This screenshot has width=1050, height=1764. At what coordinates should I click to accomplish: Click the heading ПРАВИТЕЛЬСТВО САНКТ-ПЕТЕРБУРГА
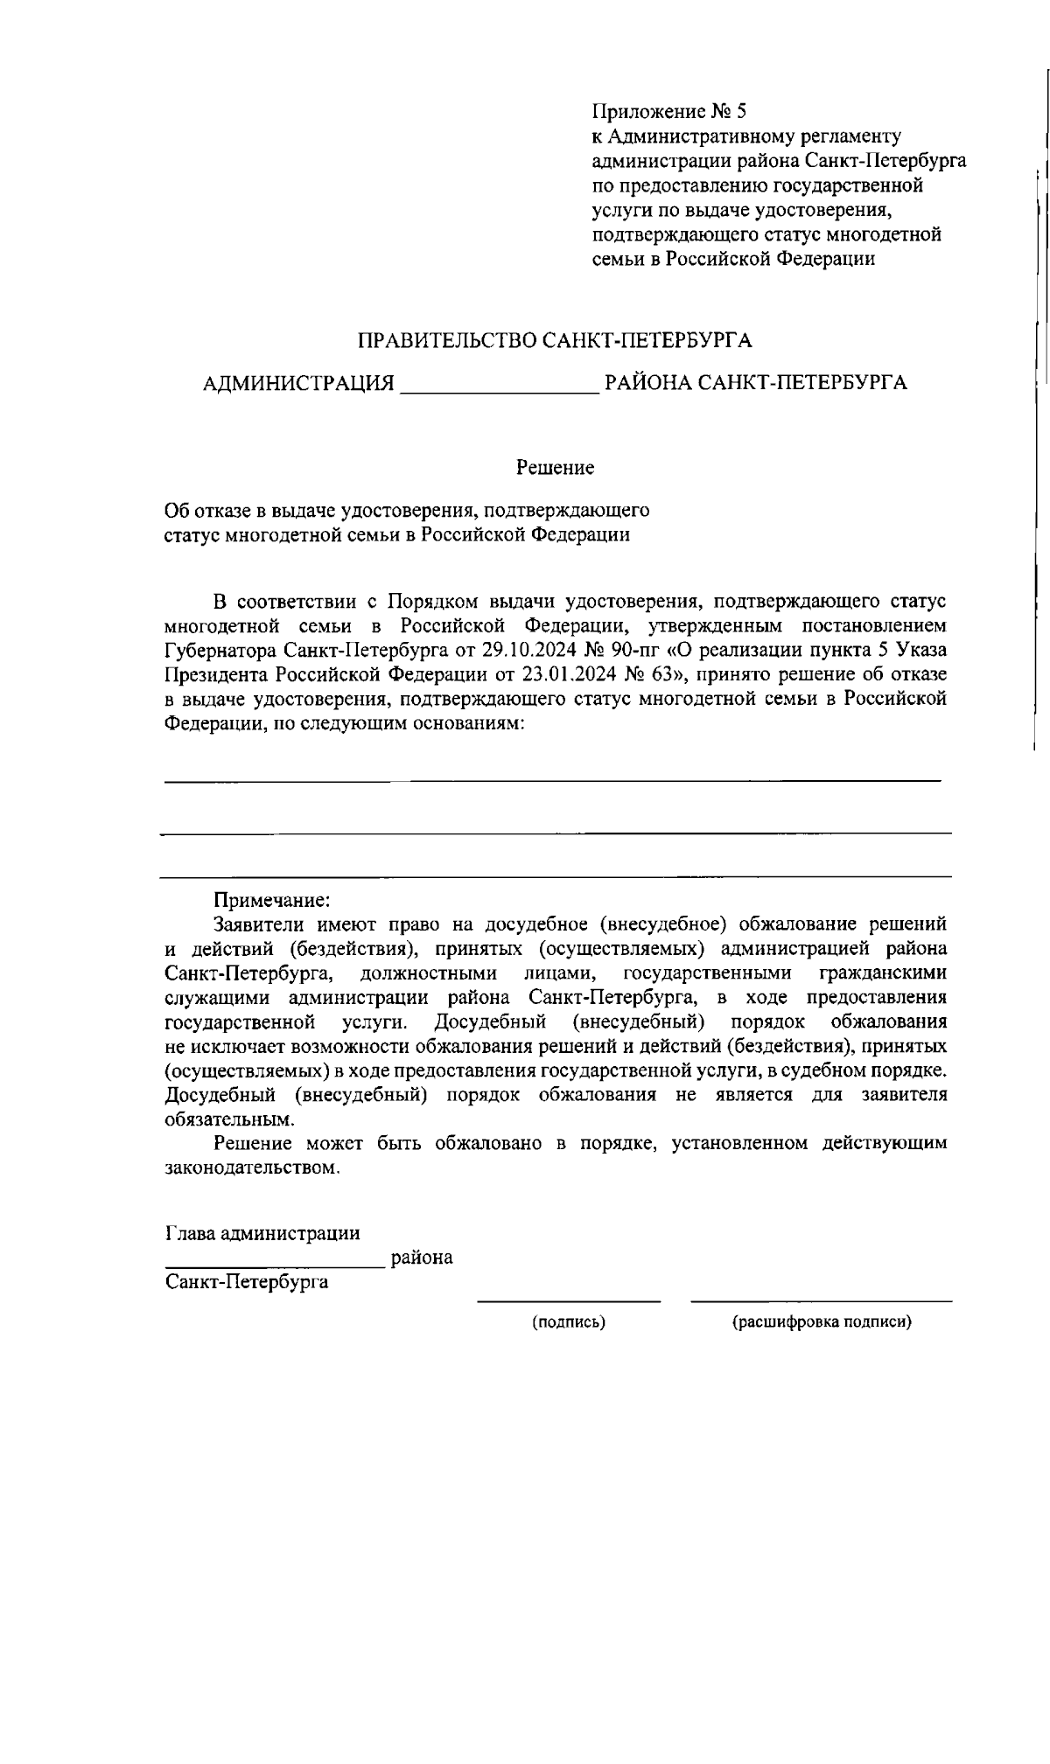tap(556, 340)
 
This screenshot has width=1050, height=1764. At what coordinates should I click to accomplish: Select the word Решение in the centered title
tap(555, 468)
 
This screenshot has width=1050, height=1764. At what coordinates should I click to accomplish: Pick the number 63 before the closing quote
tap(657, 674)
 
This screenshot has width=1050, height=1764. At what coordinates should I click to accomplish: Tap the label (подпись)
tap(569, 1322)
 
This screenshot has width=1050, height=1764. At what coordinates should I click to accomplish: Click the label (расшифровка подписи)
tap(822, 1322)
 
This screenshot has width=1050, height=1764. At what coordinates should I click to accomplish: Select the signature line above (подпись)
tap(569, 1301)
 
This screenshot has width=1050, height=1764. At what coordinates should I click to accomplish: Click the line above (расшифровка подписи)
tap(822, 1301)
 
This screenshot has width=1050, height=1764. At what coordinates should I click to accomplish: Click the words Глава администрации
tap(262, 1233)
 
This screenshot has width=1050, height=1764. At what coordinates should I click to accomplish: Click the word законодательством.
tap(250, 1168)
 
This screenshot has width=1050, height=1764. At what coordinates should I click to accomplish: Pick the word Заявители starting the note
tap(258, 924)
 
